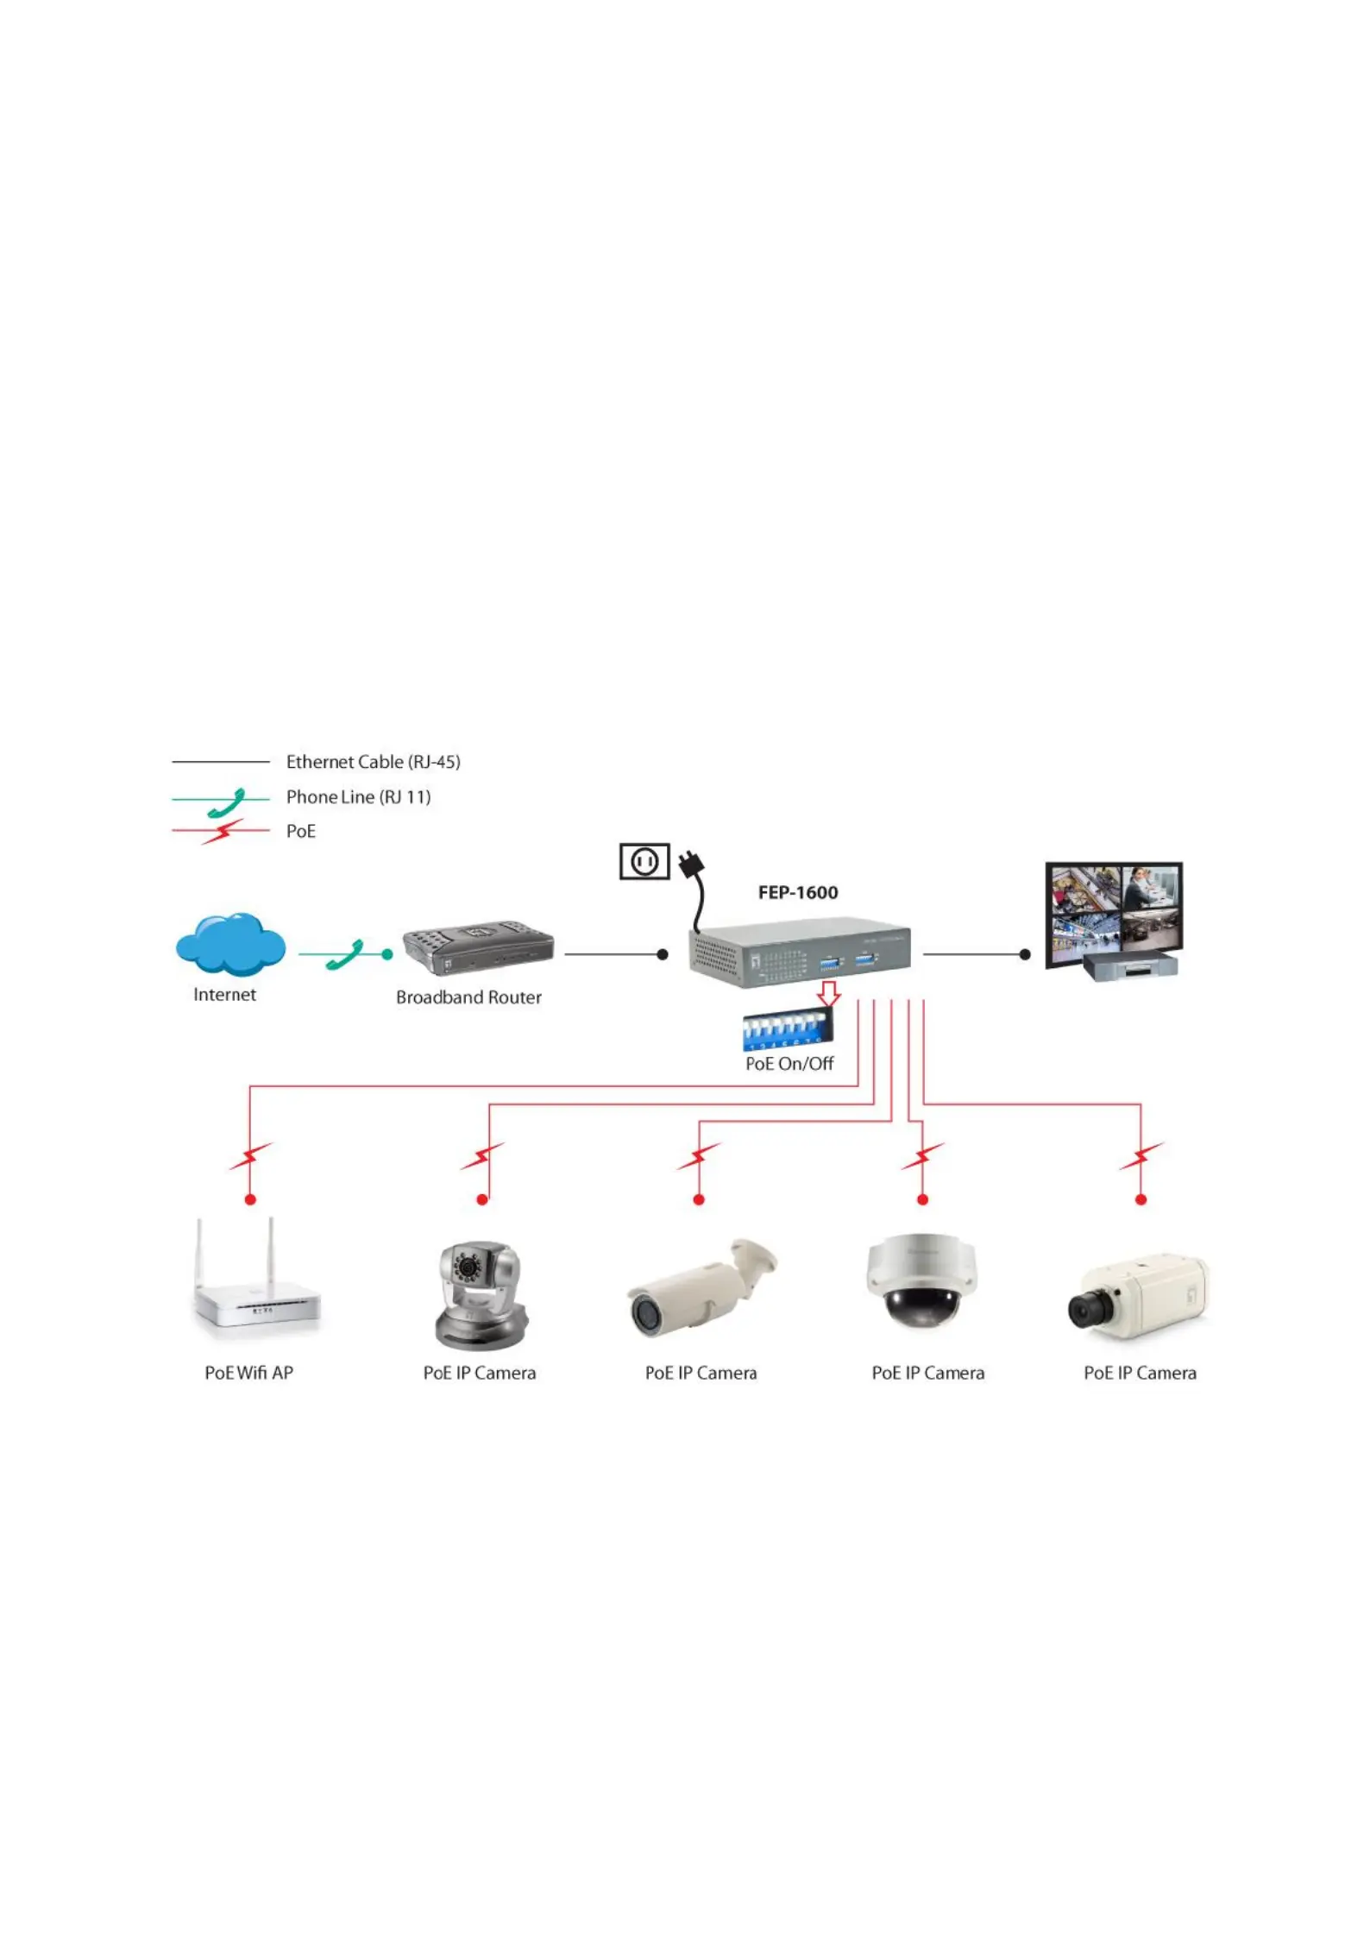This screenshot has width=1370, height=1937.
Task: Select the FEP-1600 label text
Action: pyautogui.click(x=798, y=892)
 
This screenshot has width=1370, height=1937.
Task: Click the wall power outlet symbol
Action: pyautogui.click(x=644, y=861)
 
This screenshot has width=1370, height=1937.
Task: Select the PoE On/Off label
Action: pyautogui.click(x=789, y=1064)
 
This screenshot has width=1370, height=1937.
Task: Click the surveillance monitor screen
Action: pyautogui.click(x=1114, y=915)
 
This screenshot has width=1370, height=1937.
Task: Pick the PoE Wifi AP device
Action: pyautogui.click(x=257, y=1280)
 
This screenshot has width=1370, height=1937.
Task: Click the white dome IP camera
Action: pyautogui.click(x=921, y=1280)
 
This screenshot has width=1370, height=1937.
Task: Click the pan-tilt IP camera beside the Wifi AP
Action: pyautogui.click(x=480, y=1295)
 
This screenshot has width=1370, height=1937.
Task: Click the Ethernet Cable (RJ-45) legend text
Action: pyautogui.click(x=374, y=762)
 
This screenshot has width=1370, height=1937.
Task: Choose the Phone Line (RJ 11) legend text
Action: pyautogui.click(x=358, y=796)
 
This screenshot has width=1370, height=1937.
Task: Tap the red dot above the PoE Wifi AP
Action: pyautogui.click(x=250, y=1199)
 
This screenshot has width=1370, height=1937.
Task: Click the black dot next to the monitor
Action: pyautogui.click(x=1025, y=954)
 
